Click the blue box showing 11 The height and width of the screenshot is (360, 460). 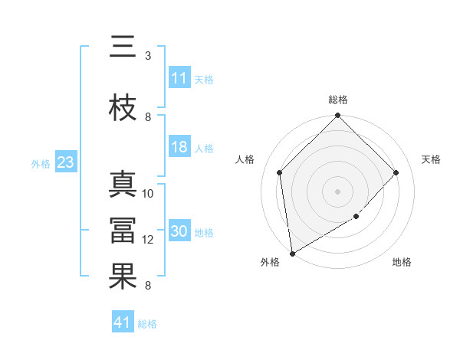point(179,78)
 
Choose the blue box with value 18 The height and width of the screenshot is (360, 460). point(179,148)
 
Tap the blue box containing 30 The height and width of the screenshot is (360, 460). point(179,231)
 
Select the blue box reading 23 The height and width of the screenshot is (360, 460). point(65,162)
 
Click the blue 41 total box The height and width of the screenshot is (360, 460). point(123,322)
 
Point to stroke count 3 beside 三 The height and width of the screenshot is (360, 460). point(147,55)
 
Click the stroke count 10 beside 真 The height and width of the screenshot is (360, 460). point(148,194)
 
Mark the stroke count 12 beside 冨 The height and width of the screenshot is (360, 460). point(148,240)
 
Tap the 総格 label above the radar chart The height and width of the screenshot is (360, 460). point(338,100)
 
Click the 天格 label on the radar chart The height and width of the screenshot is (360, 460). point(432,159)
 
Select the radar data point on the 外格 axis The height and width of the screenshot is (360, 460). point(291,254)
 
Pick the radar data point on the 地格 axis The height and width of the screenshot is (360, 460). point(356,217)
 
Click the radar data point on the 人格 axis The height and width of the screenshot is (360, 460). point(280,172)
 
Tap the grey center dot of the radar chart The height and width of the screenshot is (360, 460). point(337,191)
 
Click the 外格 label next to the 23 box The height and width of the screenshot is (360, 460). point(41,163)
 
